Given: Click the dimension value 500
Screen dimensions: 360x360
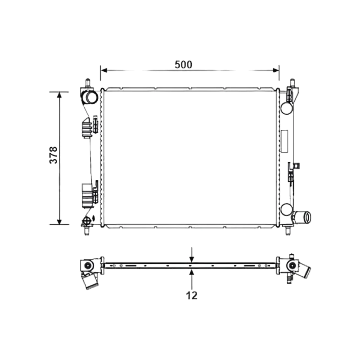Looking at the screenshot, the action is [x=184, y=65].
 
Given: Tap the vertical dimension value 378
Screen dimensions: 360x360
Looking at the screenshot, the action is [x=53, y=155].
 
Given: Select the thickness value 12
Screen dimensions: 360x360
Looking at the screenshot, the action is [x=192, y=295].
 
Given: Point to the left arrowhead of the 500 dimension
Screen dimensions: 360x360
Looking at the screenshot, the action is [x=104, y=70].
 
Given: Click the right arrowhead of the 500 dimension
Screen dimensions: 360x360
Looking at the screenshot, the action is [x=276, y=70].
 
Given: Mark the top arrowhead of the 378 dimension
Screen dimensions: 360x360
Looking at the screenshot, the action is [x=59, y=95].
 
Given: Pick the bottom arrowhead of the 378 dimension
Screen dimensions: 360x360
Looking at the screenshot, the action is [x=59, y=221].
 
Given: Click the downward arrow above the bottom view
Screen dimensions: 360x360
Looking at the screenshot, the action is [x=192, y=255].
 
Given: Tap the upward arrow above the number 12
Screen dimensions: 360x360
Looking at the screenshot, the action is [x=192, y=279].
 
